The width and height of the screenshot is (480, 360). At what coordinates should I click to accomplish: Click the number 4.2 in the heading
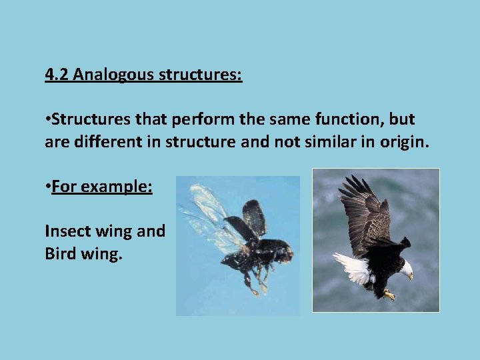(57, 74)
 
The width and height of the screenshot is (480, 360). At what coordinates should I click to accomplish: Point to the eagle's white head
(405, 268)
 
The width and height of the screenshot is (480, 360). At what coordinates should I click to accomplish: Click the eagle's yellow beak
(410, 276)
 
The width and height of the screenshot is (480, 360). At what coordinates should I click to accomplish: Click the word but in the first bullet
(402, 120)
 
